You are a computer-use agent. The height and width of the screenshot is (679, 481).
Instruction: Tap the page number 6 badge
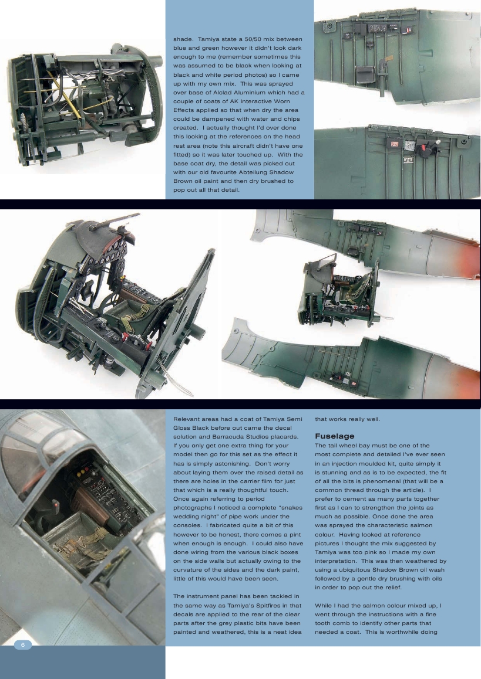(23, 644)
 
